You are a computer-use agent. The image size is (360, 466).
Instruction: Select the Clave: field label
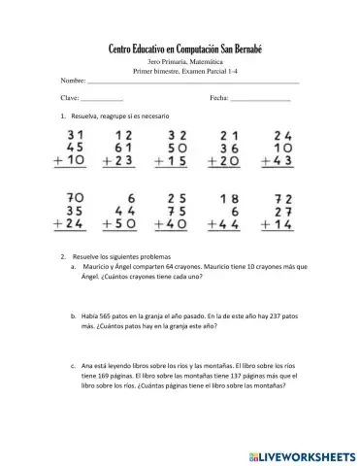[70, 99]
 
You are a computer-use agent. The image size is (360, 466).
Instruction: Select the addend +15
[174, 162]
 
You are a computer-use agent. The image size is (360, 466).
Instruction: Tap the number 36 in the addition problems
[230, 149]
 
